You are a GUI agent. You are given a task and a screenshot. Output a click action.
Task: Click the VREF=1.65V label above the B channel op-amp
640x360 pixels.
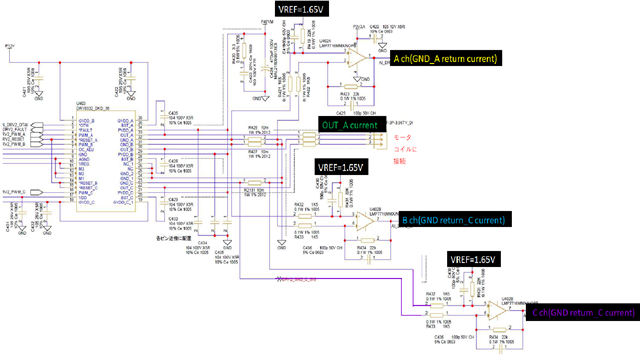(343, 167)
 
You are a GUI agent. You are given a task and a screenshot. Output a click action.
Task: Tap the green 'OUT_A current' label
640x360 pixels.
(348, 124)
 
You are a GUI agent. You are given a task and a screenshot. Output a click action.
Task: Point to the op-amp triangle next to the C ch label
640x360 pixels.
(497, 313)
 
